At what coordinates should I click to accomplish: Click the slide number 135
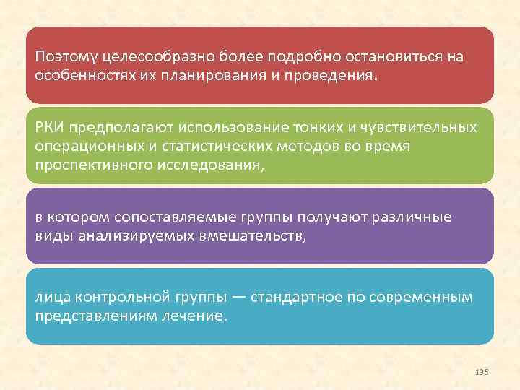tap(482, 371)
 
